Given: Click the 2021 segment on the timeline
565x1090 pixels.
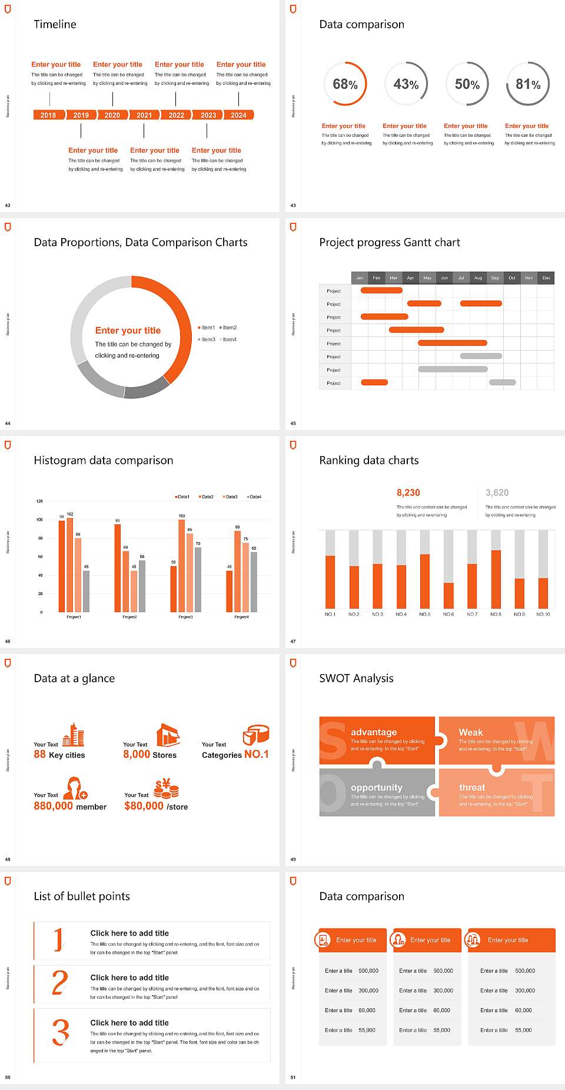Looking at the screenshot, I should pyautogui.click(x=144, y=115).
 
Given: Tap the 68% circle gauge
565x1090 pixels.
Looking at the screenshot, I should pyautogui.click(x=345, y=84).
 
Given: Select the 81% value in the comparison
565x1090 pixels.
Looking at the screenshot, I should pyautogui.click(x=528, y=84).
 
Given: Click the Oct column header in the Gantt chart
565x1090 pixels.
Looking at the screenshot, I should pyautogui.click(x=512, y=278).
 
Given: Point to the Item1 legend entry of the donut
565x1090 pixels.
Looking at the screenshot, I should pyautogui.click(x=207, y=328).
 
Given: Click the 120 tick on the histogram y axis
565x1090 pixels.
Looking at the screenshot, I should pyautogui.click(x=39, y=501).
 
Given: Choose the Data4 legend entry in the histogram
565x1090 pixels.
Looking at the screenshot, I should pyautogui.click(x=254, y=497).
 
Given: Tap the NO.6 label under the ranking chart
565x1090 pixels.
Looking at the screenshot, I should pyautogui.click(x=448, y=614).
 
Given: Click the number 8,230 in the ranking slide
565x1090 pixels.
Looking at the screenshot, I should pyautogui.click(x=408, y=493).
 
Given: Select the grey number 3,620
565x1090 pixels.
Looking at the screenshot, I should pyautogui.click(x=497, y=493).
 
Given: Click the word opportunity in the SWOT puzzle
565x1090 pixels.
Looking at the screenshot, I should pyautogui.click(x=377, y=788).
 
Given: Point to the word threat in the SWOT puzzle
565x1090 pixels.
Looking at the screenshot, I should pyautogui.click(x=472, y=788).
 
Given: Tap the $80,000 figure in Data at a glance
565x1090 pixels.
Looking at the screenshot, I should pyautogui.click(x=144, y=806).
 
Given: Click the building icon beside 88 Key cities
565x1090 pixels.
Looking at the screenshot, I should pyautogui.click(x=74, y=735).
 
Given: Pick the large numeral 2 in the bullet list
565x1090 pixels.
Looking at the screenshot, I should pyautogui.click(x=60, y=983).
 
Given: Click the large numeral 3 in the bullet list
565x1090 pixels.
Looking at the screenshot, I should pyautogui.click(x=61, y=1032).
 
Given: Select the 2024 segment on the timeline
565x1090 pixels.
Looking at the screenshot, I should pyautogui.click(x=238, y=115).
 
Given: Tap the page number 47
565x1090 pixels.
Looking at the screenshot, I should pyautogui.click(x=293, y=641).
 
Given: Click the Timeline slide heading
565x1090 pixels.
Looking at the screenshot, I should pyautogui.click(x=55, y=24).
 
